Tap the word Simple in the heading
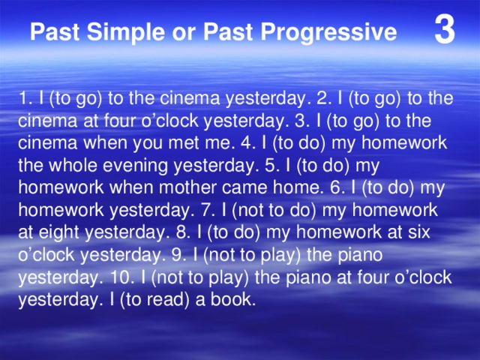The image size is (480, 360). pyautogui.click(x=118, y=33)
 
